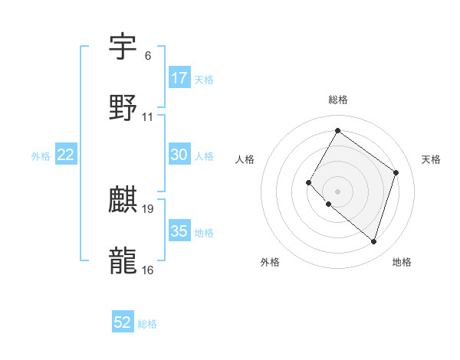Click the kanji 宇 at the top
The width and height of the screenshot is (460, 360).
(x=123, y=47)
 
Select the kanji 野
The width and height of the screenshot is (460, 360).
(x=123, y=108)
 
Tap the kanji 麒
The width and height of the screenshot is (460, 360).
(x=123, y=200)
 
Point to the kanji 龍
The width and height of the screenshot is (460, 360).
(x=123, y=260)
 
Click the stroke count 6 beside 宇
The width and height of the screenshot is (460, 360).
(x=147, y=56)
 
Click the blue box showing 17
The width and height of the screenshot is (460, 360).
(x=179, y=78)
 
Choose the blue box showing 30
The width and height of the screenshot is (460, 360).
(x=179, y=155)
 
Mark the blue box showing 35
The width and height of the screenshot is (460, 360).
(x=179, y=231)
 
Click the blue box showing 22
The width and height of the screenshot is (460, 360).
(x=66, y=155)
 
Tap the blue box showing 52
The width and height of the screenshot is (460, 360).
(x=123, y=322)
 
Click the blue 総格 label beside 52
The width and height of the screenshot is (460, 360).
(x=147, y=324)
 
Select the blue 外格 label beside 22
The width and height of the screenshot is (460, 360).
(x=41, y=155)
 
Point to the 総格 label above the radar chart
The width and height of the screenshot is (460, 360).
(x=338, y=100)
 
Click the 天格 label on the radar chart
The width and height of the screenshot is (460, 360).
(x=431, y=159)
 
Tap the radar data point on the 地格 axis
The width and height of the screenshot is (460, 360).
(x=373, y=242)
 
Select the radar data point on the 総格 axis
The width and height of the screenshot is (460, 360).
(x=337, y=131)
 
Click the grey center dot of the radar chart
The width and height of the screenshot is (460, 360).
(x=337, y=191)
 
